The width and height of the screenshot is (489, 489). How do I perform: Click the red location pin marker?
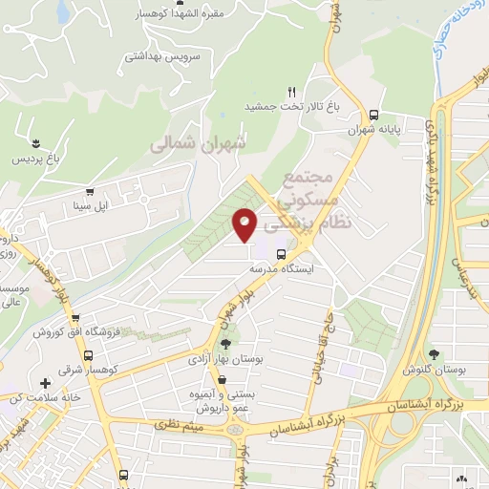245,223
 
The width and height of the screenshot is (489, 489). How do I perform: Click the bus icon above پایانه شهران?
372,112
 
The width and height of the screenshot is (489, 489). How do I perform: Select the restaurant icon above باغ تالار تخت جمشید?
280,90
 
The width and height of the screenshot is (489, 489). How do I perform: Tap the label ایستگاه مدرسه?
282,270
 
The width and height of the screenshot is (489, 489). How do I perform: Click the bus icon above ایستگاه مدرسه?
281,255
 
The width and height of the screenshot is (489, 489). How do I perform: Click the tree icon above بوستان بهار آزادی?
224,345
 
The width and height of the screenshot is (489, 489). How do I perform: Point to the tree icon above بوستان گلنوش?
434,353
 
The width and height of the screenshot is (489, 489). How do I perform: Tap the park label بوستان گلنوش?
434,369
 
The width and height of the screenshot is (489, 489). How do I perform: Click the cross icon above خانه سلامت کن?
45,382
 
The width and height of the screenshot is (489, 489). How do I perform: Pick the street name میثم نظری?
180,423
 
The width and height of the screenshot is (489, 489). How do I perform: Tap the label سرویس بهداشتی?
159,57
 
